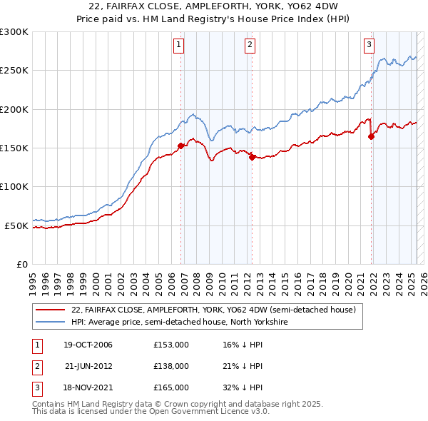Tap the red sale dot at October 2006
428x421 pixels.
[x=181, y=146]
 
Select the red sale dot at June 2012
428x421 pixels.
[x=253, y=158]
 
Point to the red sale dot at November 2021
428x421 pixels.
[x=372, y=137]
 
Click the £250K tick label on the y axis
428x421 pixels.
[x=14, y=71]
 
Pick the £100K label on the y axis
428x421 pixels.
[x=14, y=186]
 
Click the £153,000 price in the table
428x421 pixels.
[x=170, y=345]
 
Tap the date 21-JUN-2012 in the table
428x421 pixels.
[x=88, y=366]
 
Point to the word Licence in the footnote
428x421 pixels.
[x=226, y=412]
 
